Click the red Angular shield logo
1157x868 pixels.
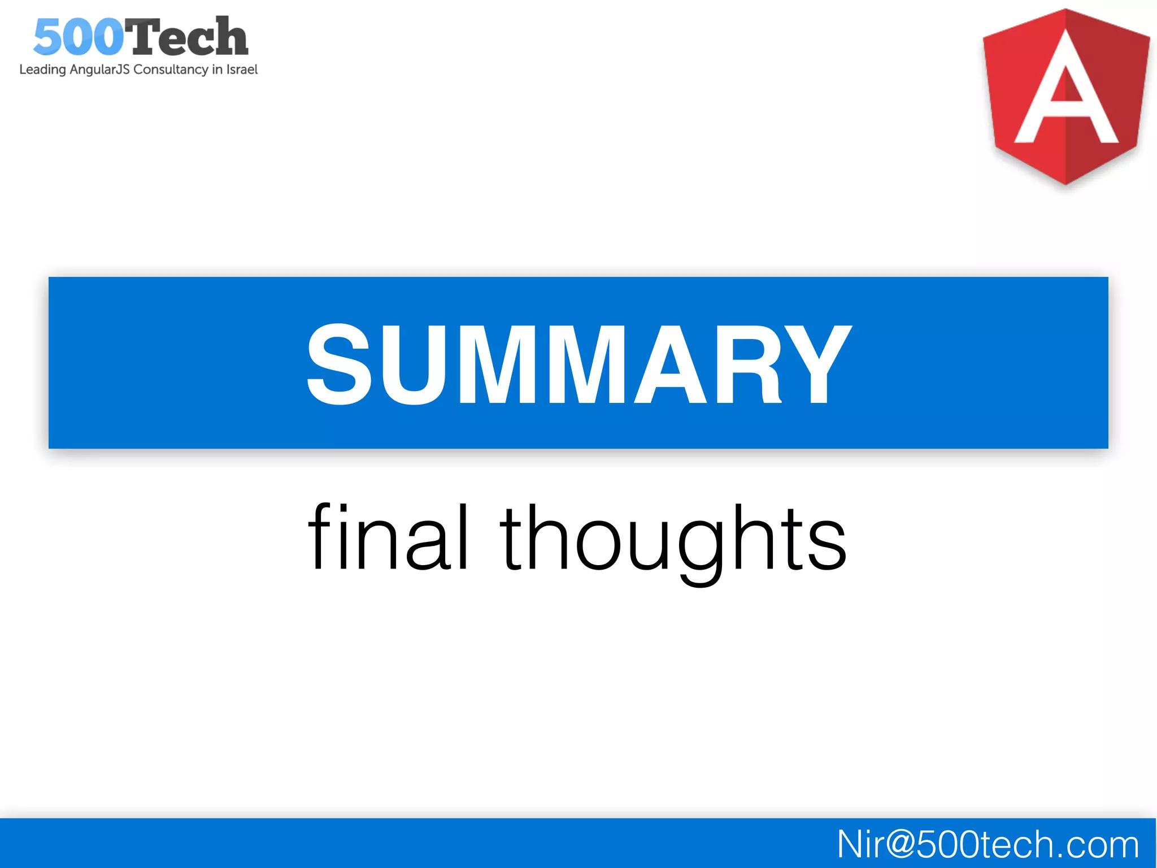point(1066,96)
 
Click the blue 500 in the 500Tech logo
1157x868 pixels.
point(78,37)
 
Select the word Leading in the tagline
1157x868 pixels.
point(42,70)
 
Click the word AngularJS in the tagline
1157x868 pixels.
point(99,70)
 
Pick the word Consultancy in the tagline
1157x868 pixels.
point(171,70)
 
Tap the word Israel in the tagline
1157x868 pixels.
point(242,70)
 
